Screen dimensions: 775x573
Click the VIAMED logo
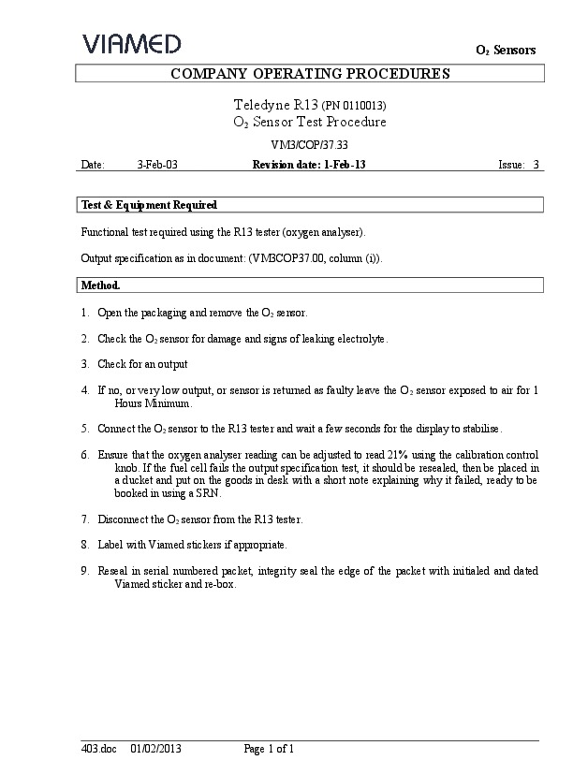131,43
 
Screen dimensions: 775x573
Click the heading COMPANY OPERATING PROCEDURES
309,74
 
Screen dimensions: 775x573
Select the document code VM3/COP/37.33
309,145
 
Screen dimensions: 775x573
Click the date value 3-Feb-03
157,165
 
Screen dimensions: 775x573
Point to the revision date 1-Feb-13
345,165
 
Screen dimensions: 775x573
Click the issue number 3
536,165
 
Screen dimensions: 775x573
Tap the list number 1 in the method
85,313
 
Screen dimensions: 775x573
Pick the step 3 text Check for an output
142,364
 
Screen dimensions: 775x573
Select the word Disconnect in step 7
122,519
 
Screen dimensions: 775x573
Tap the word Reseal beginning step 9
113,571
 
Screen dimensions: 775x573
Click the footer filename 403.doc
97,749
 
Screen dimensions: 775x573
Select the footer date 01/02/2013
155,749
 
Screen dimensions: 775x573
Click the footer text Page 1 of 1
270,749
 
